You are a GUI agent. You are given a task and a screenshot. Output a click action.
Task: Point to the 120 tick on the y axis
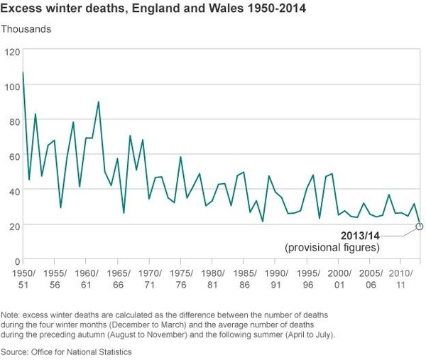(x=11, y=52)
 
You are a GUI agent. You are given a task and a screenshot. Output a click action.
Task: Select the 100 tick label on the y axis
(x=11, y=87)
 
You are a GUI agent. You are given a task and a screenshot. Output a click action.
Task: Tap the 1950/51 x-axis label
(x=23, y=278)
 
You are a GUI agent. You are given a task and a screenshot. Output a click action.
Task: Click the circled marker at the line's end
(x=419, y=226)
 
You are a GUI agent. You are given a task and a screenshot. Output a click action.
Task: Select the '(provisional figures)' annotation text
(x=332, y=248)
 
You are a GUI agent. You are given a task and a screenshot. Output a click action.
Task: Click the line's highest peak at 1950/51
(x=23, y=72)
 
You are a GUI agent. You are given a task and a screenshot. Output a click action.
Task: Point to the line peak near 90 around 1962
(x=98, y=102)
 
